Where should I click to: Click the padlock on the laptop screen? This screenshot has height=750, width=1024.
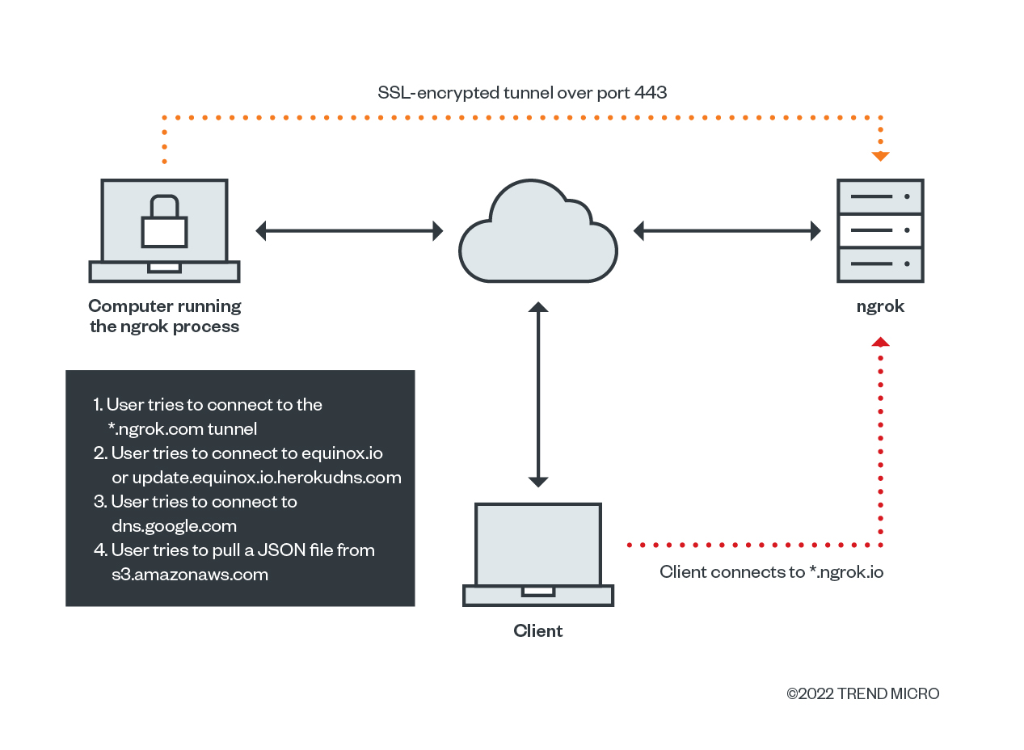164,223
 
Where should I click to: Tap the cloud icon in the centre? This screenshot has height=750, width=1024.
538,234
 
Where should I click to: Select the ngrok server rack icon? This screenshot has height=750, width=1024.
880,231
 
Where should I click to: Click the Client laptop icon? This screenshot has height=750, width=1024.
538,554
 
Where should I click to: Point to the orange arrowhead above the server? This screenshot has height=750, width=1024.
880,156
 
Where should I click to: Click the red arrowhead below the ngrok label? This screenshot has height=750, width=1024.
880,343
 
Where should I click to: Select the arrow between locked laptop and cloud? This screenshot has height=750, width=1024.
349,231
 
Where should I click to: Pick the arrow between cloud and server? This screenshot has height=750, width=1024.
727,231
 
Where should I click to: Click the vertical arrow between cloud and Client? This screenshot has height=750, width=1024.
538,394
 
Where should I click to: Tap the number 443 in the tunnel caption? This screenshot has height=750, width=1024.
651,93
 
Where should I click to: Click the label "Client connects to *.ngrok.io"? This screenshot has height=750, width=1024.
771,572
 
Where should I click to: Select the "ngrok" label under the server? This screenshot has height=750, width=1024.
880,306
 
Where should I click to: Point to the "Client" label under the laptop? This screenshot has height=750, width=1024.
538,631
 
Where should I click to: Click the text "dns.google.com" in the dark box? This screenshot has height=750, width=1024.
174,526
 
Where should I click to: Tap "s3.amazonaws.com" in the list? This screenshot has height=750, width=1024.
190,575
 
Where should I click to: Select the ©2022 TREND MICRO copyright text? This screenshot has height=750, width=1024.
862,693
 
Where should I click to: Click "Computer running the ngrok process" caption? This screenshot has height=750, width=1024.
165,316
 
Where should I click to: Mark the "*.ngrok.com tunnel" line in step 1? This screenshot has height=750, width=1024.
182,428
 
